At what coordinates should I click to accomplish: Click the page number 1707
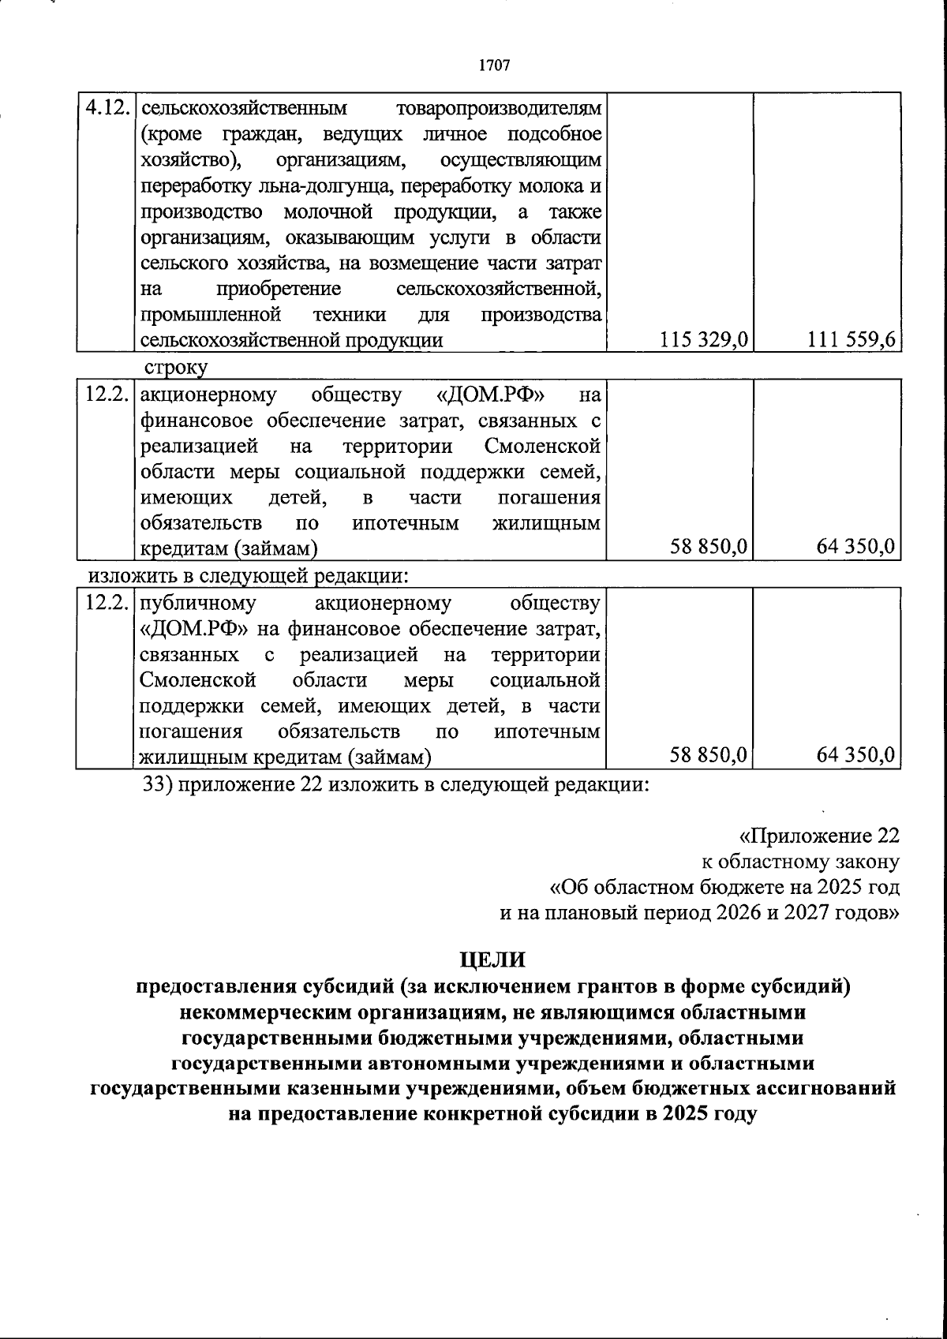coord(494,65)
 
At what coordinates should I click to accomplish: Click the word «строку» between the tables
coord(175,368)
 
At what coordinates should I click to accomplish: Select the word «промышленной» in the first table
coord(211,316)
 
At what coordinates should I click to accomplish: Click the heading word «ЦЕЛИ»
coord(492,959)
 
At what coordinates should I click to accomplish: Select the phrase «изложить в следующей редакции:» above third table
coord(248,575)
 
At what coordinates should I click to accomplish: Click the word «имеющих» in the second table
coord(186,498)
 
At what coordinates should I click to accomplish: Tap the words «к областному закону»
coord(800,862)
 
